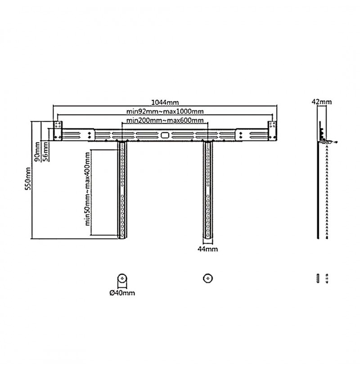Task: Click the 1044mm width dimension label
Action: (165, 103)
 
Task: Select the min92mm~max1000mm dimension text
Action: (165, 111)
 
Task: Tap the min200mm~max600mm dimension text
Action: (165, 120)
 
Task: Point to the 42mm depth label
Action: (321, 102)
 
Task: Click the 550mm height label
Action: (28, 178)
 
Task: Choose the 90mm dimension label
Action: (37, 152)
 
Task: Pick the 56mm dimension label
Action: (45, 152)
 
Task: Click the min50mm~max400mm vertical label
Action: (87, 189)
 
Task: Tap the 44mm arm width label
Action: (207, 249)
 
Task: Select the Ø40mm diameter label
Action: (122, 293)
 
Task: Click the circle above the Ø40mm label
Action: (122, 278)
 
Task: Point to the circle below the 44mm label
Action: (208, 278)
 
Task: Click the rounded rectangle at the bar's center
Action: (165, 135)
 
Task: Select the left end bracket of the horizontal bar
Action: (58, 131)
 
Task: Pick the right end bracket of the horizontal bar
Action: (272, 131)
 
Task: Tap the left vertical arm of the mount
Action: (122, 190)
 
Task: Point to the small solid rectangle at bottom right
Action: (318, 278)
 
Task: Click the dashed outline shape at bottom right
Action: (327, 278)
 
